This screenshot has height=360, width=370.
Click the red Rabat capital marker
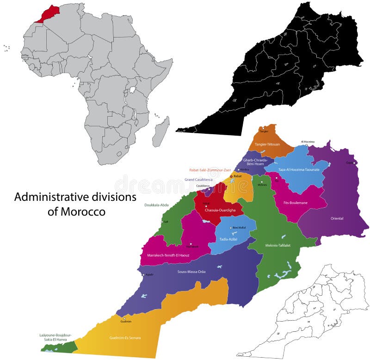[x=231, y=176]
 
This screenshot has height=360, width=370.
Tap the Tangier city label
[x=264, y=131]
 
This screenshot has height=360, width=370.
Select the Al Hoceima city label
[x=308, y=142]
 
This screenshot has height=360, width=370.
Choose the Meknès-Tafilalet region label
[x=278, y=245]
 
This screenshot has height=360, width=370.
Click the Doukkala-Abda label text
[x=156, y=205]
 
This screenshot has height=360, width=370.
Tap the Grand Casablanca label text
[x=198, y=179]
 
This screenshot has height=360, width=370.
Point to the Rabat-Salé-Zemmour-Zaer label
[x=210, y=170]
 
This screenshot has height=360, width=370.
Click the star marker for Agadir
[x=143, y=275]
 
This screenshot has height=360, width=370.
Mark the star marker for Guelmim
[x=124, y=318]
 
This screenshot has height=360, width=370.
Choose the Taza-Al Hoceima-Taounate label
[x=298, y=170]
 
